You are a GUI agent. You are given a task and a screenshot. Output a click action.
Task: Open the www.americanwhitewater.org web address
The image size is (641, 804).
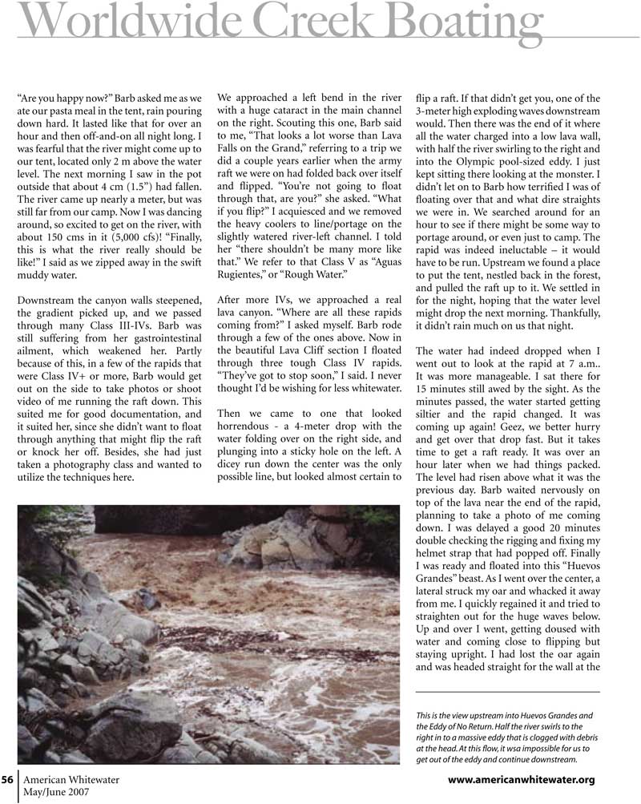point(521,780)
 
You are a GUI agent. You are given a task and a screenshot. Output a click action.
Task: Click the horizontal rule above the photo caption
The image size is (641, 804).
point(509,692)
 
